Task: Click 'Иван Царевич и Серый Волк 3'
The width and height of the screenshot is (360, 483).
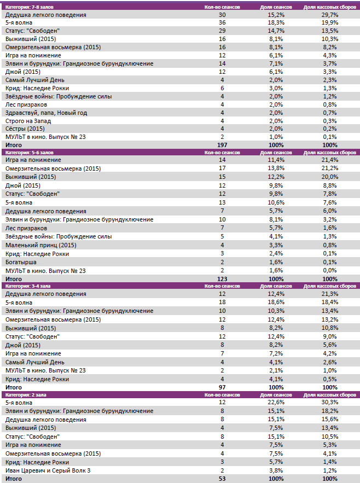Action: click(x=48, y=470)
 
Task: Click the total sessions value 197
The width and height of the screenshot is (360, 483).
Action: click(x=222, y=145)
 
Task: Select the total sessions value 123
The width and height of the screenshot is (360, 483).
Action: click(x=222, y=279)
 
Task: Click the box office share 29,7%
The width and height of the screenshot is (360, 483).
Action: click(x=329, y=15)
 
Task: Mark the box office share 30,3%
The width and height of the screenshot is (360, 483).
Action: click(x=329, y=403)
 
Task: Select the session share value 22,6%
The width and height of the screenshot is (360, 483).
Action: click(x=276, y=403)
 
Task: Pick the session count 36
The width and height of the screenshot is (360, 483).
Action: click(x=222, y=23)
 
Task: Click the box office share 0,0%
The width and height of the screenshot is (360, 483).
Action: click(x=329, y=271)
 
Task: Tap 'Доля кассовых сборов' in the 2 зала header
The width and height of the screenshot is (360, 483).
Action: click(x=329, y=394)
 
